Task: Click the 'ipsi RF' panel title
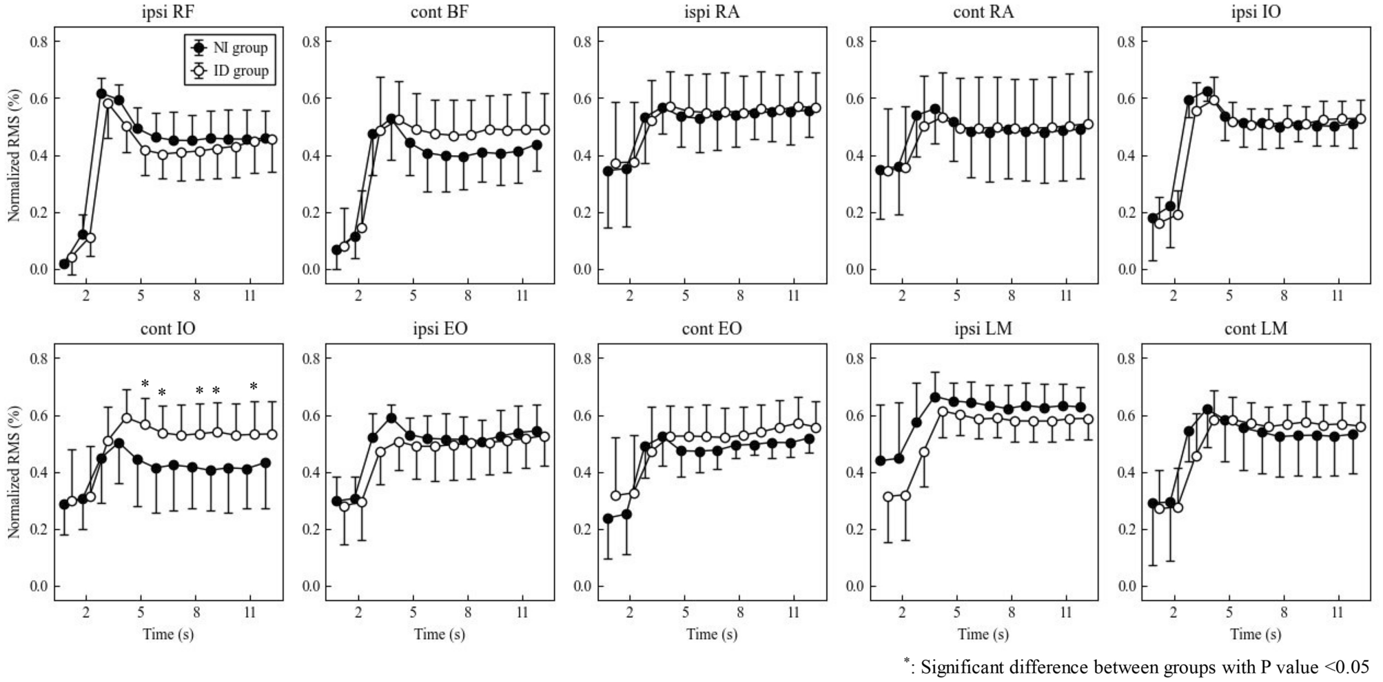point(167,12)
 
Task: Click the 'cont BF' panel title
point(439,12)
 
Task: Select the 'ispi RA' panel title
point(711,12)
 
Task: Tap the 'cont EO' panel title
point(711,329)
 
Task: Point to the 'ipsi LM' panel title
point(983,329)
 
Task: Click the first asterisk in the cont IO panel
point(145,385)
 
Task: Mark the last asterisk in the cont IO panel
point(254,388)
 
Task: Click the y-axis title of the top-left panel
point(14,154)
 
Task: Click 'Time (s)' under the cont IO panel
point(167,634)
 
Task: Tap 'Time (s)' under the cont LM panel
point(1256,634)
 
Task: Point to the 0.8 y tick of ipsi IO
point(1125,42)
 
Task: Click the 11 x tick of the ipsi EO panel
point(522,612)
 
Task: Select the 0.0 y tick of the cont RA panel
point(854,270)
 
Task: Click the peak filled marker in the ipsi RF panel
point(101,94)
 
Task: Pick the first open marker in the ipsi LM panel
point(888,497)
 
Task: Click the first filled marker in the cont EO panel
point(608,519)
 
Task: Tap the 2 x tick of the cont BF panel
point(358,296)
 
